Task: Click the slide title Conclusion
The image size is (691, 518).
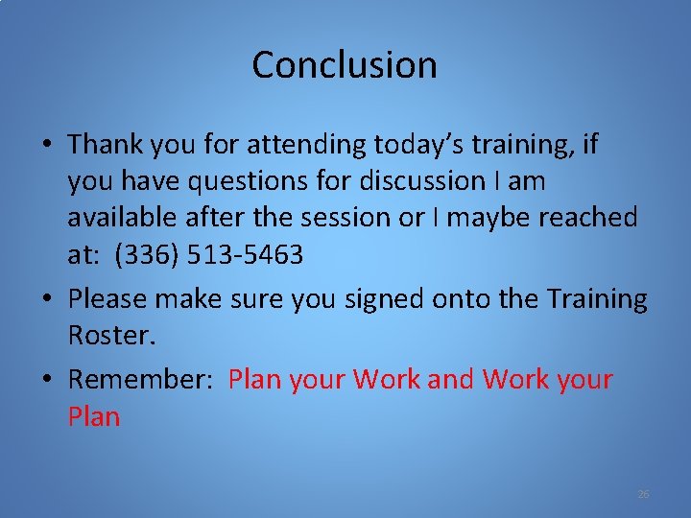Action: [x=345, y=65]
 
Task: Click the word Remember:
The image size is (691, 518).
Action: [x=140, y=380]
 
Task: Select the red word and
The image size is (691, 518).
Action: [x=451, y=380]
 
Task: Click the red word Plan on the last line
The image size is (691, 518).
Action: [x=94, y=416]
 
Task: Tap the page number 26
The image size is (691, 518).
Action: [x=643, y=494]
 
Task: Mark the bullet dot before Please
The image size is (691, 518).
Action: [x=46, y=300]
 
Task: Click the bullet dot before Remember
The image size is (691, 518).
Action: [x=46, y=381]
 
